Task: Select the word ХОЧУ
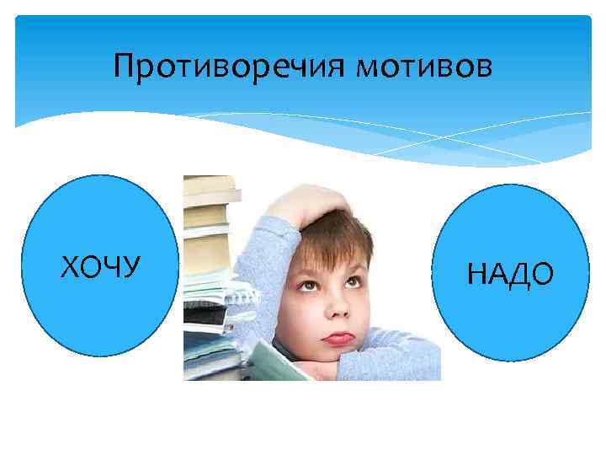[x=100, y=267]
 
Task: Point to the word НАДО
[x=510, y=274]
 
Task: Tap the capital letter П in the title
[x=125, y=65]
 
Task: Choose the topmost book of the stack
[x=210, y=182]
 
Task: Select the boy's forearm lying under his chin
[x=387, y=371]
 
